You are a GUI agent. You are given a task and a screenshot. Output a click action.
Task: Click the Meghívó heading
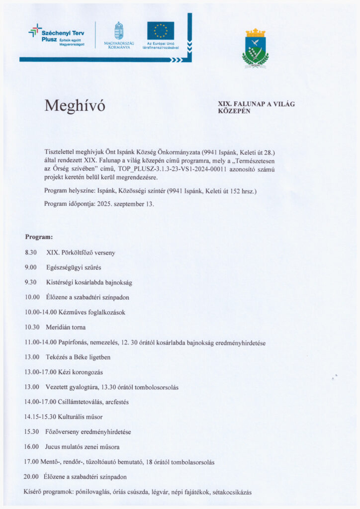[75, 105]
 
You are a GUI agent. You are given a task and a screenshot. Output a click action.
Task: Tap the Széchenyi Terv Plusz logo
[56, 36]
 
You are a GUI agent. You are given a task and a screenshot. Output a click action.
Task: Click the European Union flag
[160, 31]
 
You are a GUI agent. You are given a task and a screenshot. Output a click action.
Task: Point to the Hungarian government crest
[118, 31]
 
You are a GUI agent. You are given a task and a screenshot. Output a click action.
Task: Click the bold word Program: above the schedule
[39, 237]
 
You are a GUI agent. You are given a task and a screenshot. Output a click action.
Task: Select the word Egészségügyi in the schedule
[63, 267]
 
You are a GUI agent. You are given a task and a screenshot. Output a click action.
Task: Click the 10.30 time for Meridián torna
[32, 327]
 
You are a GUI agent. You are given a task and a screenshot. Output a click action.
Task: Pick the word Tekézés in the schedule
[58, 357]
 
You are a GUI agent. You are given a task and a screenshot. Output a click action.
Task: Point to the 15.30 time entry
[32, 431]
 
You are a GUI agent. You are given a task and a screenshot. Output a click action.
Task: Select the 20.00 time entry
[31, 476]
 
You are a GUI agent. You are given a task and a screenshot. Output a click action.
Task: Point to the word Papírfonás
[74, 342]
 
